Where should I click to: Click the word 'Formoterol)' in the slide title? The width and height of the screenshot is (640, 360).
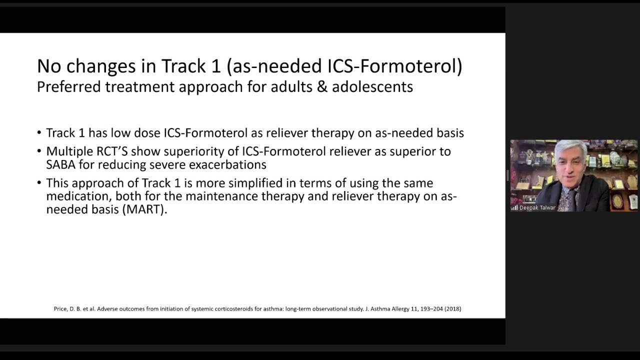click(411, 66)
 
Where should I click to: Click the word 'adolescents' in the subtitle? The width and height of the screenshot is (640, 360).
click(372, 86)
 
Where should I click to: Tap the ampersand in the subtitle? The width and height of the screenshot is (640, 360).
click(322, 87)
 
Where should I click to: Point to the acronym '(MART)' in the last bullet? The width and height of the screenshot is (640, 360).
click(145, 209)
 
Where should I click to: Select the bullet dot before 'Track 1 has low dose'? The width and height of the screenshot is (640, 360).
click(39, 132)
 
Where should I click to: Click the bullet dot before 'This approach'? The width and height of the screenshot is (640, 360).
click(39, 182)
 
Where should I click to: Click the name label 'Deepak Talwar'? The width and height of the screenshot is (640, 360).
click(537, 207)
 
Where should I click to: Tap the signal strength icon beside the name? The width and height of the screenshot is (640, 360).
click(514, 207)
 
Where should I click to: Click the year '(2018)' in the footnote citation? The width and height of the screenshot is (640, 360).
click(452, 309)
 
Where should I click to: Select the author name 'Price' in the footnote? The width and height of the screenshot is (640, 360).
click(60, 309)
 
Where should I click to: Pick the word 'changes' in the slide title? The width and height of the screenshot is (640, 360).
click(101, 66)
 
